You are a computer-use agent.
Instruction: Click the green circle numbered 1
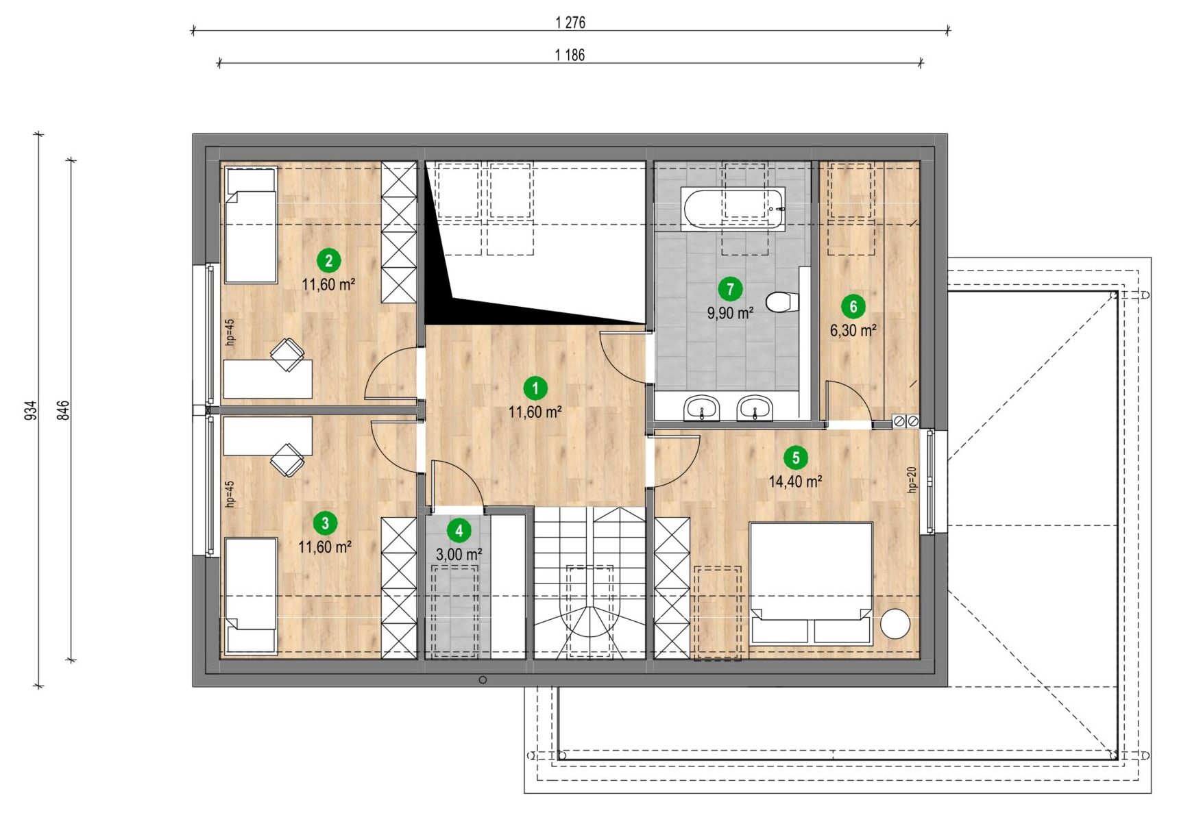pyautogui.click(x=535, y=388)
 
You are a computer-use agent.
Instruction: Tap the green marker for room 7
pyautogui.click(x=730, y=289)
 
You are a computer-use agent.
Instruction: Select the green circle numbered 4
pyautogui.click(x=459, y=531)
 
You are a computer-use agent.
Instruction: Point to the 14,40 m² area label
pyautogui.click(x=795, y=481)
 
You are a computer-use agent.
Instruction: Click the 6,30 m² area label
pyautogui.click(x=853, y=330)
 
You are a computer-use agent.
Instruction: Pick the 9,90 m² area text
pyautogui.click(x=731, y=313)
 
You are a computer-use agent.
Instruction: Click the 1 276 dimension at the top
pyautogui.click(x=570, y=23)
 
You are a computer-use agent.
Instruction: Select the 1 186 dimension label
pyautogui.click(x=570, y=55)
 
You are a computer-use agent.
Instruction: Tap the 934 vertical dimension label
pyautogui.click(x=31, y=410)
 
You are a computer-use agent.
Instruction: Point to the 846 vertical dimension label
pyautogui.click(x=63, y=410)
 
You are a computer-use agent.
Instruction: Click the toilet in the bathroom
pyautogui.click(x=782, y=301)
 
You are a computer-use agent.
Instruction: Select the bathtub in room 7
pyautogui.click(x=733, y=208)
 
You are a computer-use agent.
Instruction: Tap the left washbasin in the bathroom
pyautogui.click(x=701, y=408)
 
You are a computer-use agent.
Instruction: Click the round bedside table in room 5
pyautogui.click(x=895, y=624)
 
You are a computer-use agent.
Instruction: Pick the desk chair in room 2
pyautogui.click(x=287, y=354)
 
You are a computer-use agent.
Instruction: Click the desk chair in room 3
pyautogui.click(x=287, y=460)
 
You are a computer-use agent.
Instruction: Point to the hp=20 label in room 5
pyautogui.click(x=912, y=479)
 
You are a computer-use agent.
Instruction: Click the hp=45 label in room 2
pyautogui.click(x=230, y=332)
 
